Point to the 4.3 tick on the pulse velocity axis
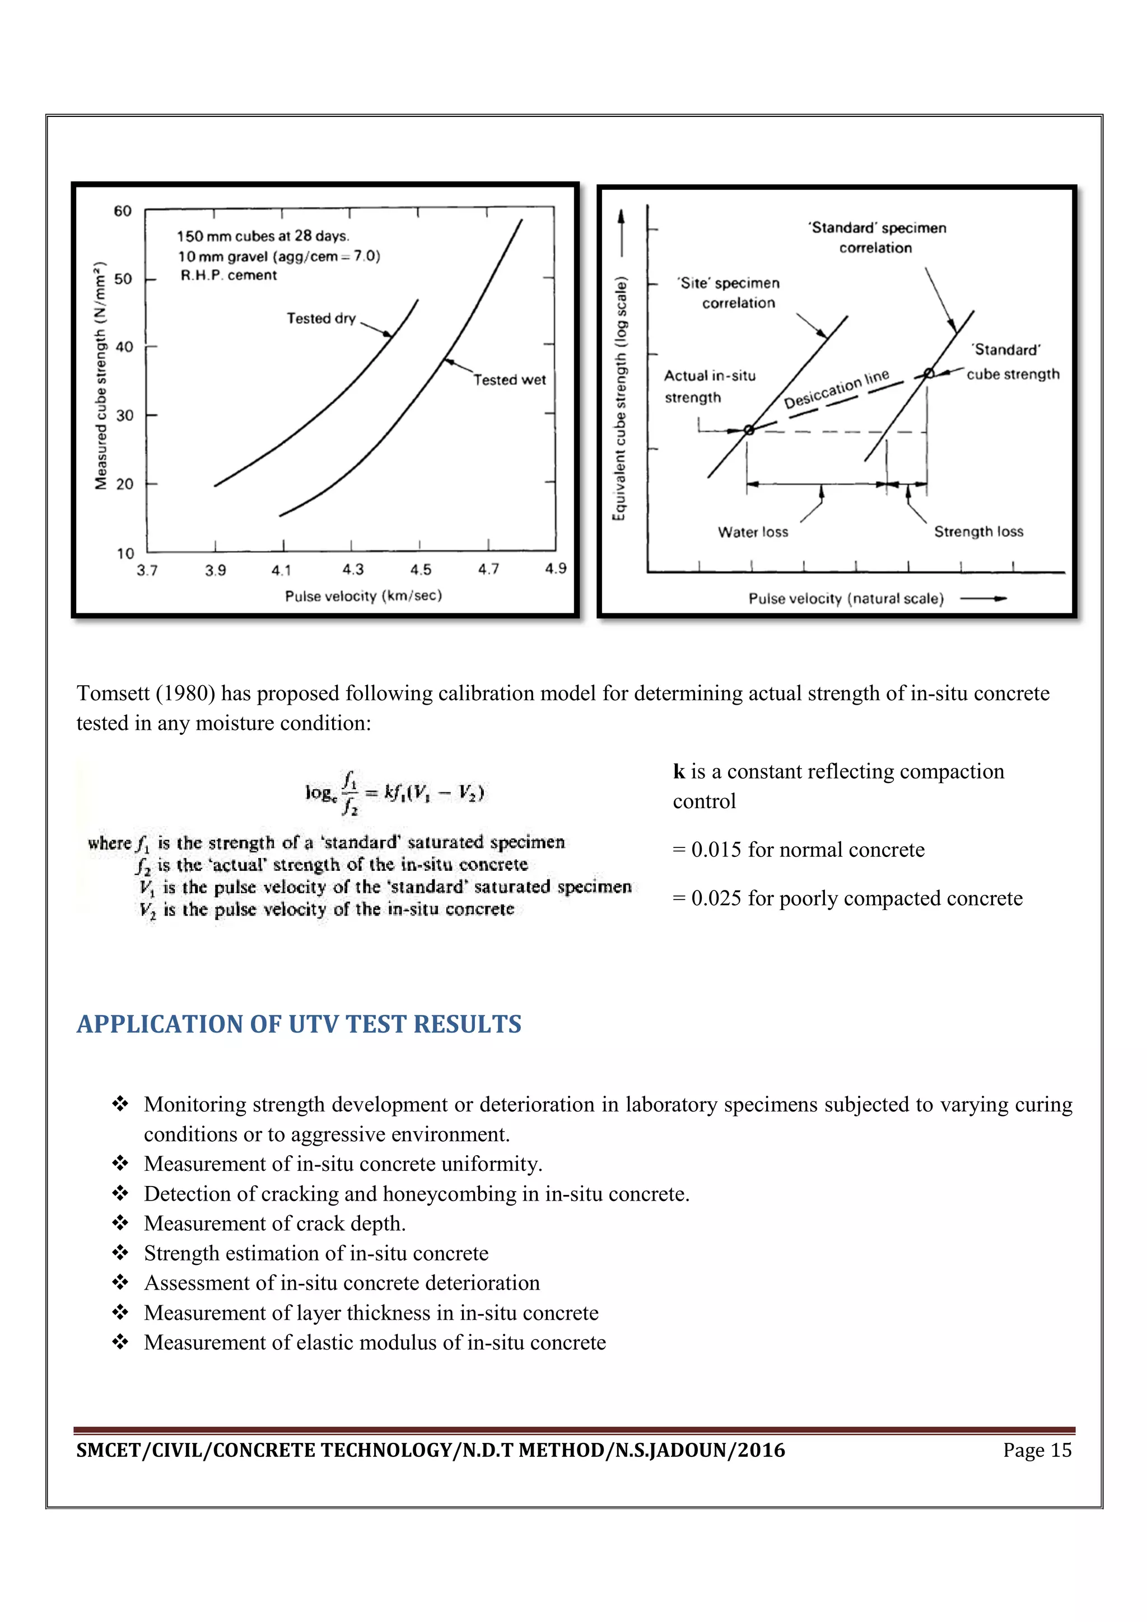point(353,569)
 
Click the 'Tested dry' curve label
point(321,318)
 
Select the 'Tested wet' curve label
point(509,380)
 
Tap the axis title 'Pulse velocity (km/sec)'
point(363,596)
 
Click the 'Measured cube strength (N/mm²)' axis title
point(101,375)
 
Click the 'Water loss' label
point(753,532)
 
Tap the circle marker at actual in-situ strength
point(749,429)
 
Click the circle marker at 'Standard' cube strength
point(929,373)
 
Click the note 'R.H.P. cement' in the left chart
point(229,275)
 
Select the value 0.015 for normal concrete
point(716,849)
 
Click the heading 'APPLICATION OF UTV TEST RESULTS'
point(299,1024)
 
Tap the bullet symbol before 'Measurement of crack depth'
point(120,1222)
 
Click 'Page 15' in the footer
point(1037,1450)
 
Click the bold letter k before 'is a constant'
point(678,771)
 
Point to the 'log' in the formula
point(318,793)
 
